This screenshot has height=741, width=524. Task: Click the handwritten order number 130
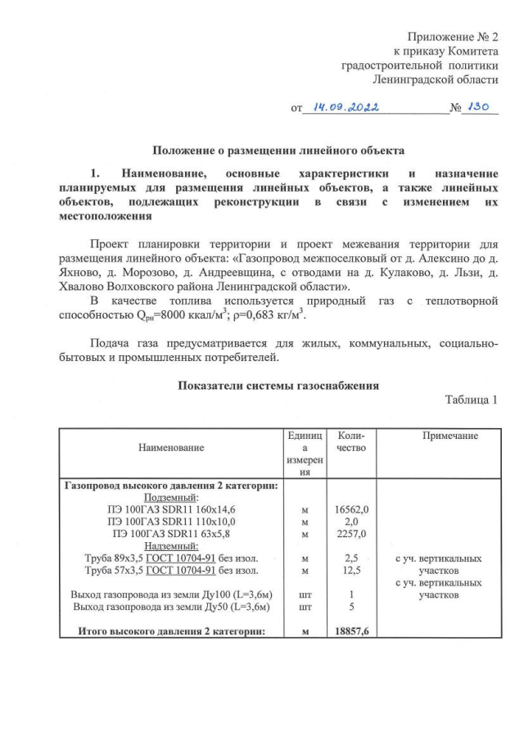tap(482, 107)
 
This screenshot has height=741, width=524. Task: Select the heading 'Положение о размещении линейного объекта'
tap(277, 151)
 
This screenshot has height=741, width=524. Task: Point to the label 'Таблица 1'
tap(471, 400)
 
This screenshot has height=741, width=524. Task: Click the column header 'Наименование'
tap(171, 447)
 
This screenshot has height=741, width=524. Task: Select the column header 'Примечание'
tap(449, 436)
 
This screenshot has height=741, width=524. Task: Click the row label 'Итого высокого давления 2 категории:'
tap(171, 631)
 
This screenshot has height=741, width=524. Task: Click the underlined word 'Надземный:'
tap(171, 546)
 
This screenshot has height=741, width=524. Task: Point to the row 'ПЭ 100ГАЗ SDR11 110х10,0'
tap(171, 522)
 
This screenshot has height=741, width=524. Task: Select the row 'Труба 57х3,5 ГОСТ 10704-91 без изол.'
tap(171, 571)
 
